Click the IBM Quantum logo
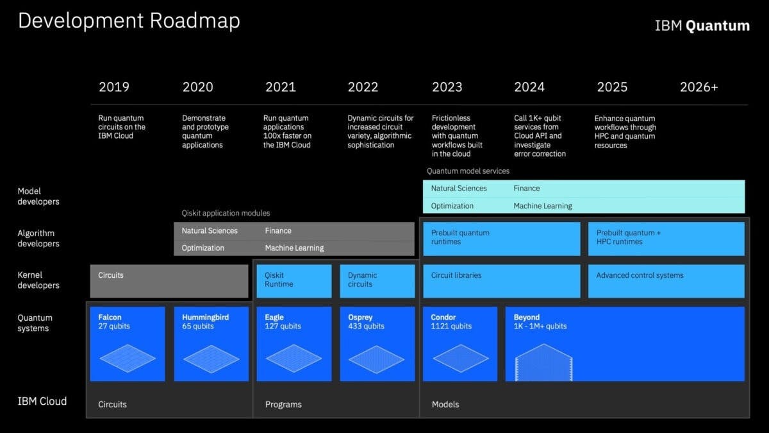[702, 26]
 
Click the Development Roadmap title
[129, 21]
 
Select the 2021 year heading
[281, 87]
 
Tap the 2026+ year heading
[699, 87]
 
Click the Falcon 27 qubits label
[114, 321]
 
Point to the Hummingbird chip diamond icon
[211, 359]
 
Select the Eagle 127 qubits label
[283, 321]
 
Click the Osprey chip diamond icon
[377, 359]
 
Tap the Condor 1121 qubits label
[451, 321]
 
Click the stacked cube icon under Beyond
[544, 362]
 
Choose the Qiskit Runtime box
[294, 281]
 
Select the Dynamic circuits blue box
[377, 281]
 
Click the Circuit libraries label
[456, 275]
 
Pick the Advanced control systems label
[640, 275]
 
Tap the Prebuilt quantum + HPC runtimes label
[628, 237]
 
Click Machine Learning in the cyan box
[543, 206]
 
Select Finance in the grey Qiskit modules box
[278, 230]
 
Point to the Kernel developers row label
[38, 280]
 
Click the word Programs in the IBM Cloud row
[283, 405]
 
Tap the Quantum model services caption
[468, 171]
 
